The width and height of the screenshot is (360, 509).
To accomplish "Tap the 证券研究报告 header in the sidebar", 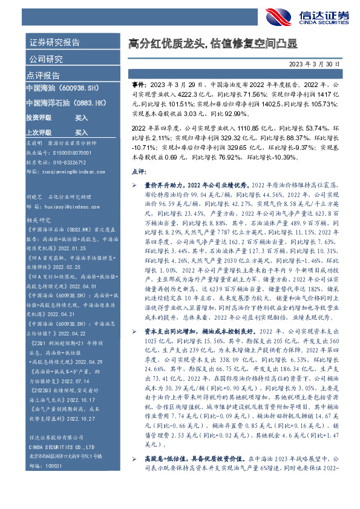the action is [x=54, y=43].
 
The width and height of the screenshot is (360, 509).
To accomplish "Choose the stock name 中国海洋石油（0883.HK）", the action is [x=62, y=103].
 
